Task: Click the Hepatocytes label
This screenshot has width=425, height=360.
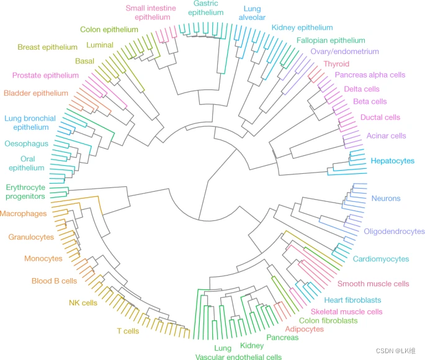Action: (393, 161)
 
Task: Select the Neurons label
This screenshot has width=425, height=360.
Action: (386, 199)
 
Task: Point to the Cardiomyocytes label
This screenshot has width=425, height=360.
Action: (381, 259)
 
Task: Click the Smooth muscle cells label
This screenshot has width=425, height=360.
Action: (373, 284)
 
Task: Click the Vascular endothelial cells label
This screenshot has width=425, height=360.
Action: (238, 357)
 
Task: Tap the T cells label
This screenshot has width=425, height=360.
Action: (128, 331)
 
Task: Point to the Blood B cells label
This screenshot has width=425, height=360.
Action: (54, 281)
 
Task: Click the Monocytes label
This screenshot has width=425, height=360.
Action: (43, 258)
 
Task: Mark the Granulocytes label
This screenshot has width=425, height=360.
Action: (31, 237)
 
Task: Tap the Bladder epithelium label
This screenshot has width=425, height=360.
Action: (35, 93)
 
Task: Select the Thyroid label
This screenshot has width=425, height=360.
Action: (336, 64)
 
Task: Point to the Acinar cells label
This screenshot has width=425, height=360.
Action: (387, 135)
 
